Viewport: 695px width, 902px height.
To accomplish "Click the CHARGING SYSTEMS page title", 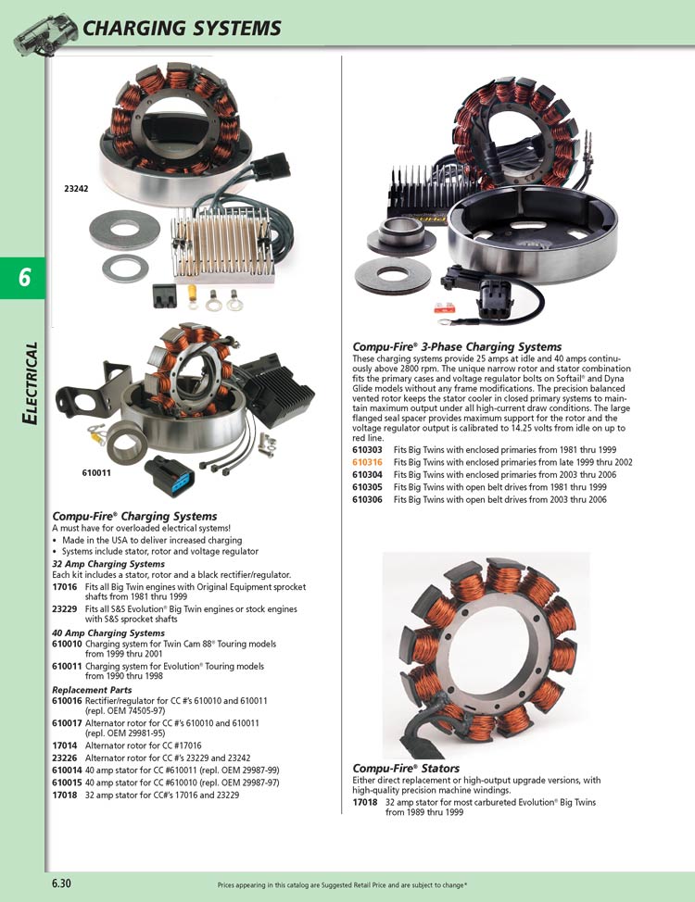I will (182, 29).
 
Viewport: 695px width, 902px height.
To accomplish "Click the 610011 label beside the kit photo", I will (96, 473).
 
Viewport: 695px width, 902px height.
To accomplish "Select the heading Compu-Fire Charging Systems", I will (134, 516).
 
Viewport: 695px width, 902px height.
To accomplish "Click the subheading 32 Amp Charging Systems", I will (108, 564).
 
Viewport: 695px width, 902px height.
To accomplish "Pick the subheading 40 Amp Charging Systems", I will (108, 633).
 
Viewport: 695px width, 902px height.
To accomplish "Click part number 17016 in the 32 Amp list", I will (64, 585).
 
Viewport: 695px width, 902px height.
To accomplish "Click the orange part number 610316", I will (368, 462).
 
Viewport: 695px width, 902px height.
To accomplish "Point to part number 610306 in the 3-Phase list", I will (368, 499).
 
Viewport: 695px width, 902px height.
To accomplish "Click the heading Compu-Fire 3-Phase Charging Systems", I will (457, 347).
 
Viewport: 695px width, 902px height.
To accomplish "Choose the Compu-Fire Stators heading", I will (406, 769).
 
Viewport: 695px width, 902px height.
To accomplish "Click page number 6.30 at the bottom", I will (61, 883).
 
